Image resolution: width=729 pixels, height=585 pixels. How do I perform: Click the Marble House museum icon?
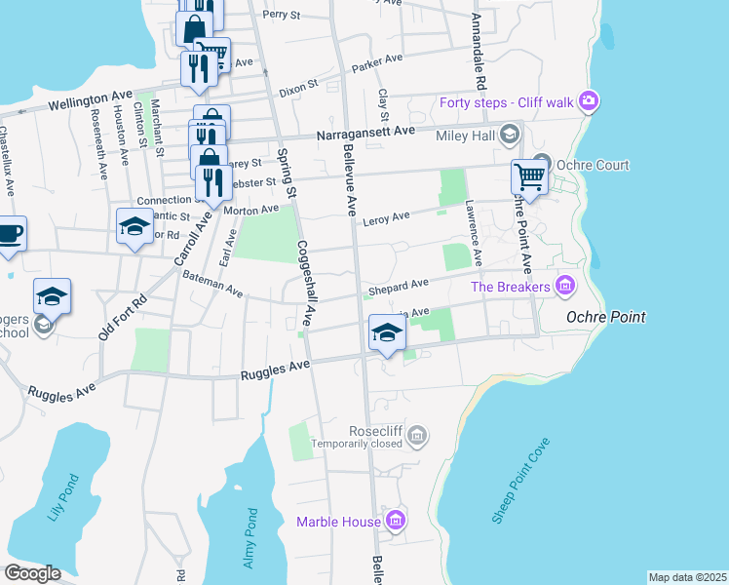coord(395,522)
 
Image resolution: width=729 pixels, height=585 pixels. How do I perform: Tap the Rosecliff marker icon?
coord(417,434)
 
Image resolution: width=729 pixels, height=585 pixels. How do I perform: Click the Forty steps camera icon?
coord(588,100)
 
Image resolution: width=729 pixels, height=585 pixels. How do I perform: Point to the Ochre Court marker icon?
coord(541,165)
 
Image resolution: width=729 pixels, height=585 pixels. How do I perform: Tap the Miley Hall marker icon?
coord(508,135)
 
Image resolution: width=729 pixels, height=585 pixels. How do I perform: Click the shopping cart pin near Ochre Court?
coord(528,176)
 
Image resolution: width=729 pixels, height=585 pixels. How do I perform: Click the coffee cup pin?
coord(9,234)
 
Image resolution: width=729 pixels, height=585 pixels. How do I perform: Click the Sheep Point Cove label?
coord(521,482)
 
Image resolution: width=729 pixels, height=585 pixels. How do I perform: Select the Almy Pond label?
coord(249,538)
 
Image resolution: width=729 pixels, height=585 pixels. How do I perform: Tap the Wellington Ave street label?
coord(90,97)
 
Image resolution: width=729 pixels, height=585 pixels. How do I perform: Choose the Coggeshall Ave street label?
coord(306,283)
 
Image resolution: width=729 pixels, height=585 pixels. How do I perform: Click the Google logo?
coord(32,573)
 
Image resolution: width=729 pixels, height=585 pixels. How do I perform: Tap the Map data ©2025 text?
coord(686,577)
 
